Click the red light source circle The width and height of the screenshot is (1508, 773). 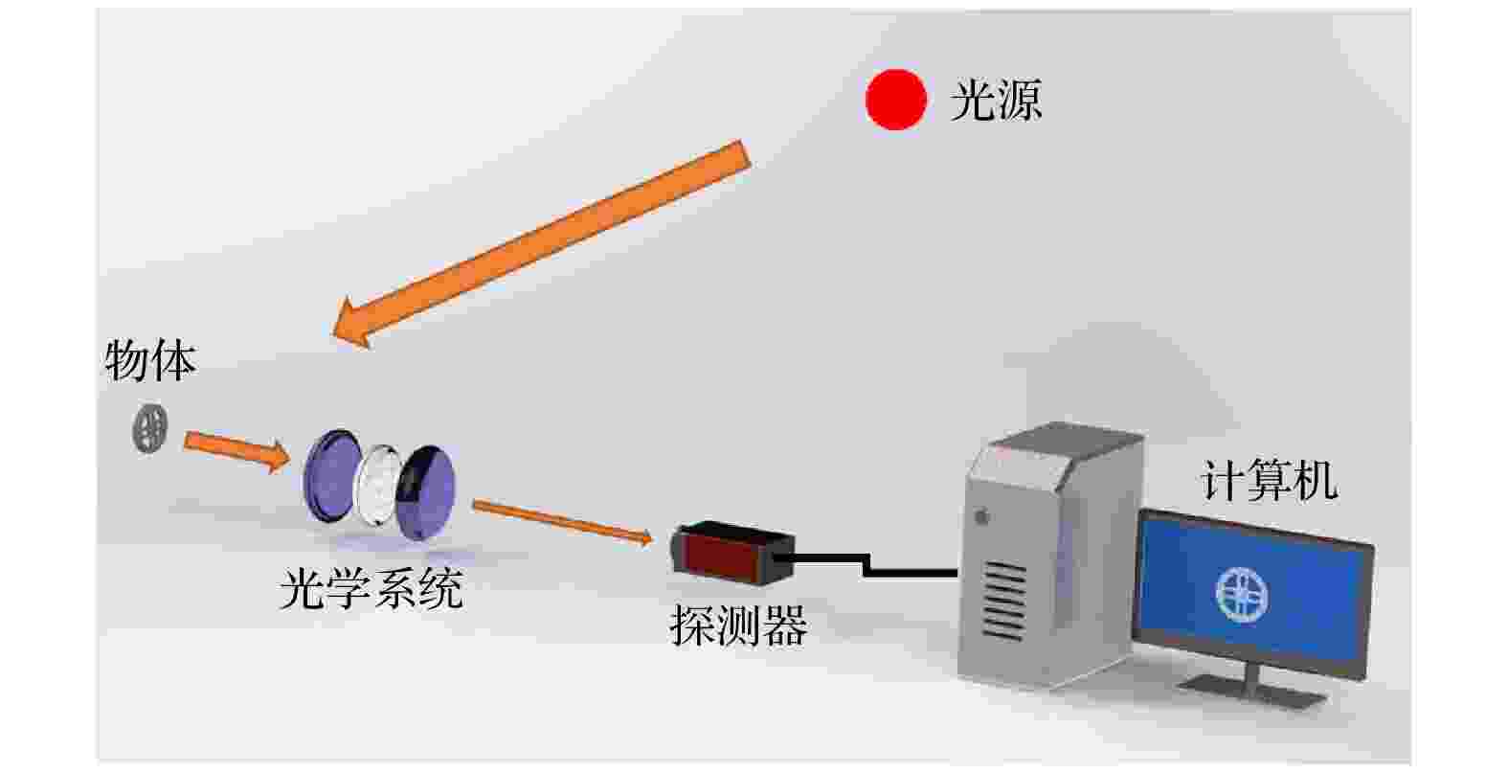895,100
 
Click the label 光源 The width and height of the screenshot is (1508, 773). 995,100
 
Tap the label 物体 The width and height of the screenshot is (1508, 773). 150,361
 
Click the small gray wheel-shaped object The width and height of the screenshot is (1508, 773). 149,428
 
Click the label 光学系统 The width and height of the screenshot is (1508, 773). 371,589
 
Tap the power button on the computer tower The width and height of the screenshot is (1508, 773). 981,517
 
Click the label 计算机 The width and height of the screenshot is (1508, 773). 1269,481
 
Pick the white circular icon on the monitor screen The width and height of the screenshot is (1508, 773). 1242,592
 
